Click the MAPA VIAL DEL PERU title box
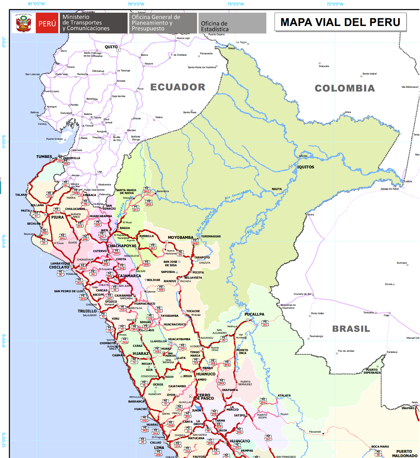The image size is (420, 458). (340, 22)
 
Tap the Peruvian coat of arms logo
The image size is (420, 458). (24, 23)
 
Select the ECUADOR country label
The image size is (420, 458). (178, 87)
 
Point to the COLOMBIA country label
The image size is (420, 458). (345, 88)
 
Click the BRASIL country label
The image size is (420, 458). (351, 329)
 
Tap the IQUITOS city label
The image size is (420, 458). (305, 167)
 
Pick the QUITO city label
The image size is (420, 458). (111, 47)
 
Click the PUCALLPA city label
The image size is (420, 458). (254, 314)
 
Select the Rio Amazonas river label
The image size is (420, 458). (236, 195)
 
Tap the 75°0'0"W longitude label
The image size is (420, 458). (235, 4)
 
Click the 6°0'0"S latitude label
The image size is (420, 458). (4, 241)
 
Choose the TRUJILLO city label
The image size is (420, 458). (87, 311)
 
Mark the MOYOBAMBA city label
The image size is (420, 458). (181, 237)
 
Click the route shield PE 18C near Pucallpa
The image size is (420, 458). (265, 323)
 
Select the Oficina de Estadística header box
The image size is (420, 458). (232, 23)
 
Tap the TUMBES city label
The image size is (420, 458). (44, 157)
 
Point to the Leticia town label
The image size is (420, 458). (408, 181)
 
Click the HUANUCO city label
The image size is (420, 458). (206, 374)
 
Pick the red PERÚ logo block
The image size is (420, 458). (47, 23)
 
